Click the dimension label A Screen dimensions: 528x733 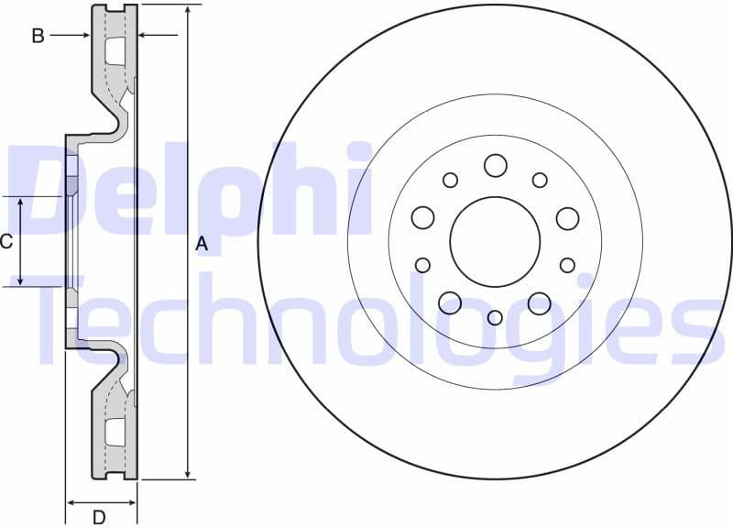[202, 244]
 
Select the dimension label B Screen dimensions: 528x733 [38, 36]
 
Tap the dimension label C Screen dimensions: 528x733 [5, 241]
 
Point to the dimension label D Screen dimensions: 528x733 [99, 517]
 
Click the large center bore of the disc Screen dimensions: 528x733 [495, 241]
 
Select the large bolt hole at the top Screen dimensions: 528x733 [496, 165]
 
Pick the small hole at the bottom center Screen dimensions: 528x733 [495, 317]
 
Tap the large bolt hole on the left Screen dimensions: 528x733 [422, 217]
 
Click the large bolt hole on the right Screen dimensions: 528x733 [567, 218]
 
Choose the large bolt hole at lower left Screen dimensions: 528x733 [450, 302]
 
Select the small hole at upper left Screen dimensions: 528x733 [450, 180]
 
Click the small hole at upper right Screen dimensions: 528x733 [540, 180]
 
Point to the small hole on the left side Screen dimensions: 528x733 [422, 265]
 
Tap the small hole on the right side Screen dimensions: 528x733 [567, 265]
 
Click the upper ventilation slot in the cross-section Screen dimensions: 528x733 [115, 51]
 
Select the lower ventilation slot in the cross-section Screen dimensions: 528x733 [115, 432]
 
